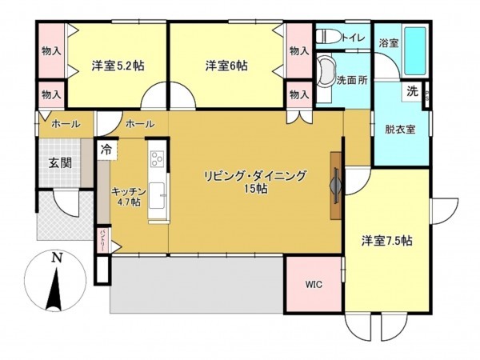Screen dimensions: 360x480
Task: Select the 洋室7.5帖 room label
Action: (386, 239)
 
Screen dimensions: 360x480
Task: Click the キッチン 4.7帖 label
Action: (127, 196)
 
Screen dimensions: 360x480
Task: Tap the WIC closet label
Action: (314, 284)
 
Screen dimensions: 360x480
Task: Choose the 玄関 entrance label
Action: (59, 163)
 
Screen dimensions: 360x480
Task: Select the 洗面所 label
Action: (351, 80)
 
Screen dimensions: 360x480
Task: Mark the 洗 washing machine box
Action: (412, 91)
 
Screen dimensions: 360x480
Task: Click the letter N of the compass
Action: (55, 258)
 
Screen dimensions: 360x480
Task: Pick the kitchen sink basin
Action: (157, 194)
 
